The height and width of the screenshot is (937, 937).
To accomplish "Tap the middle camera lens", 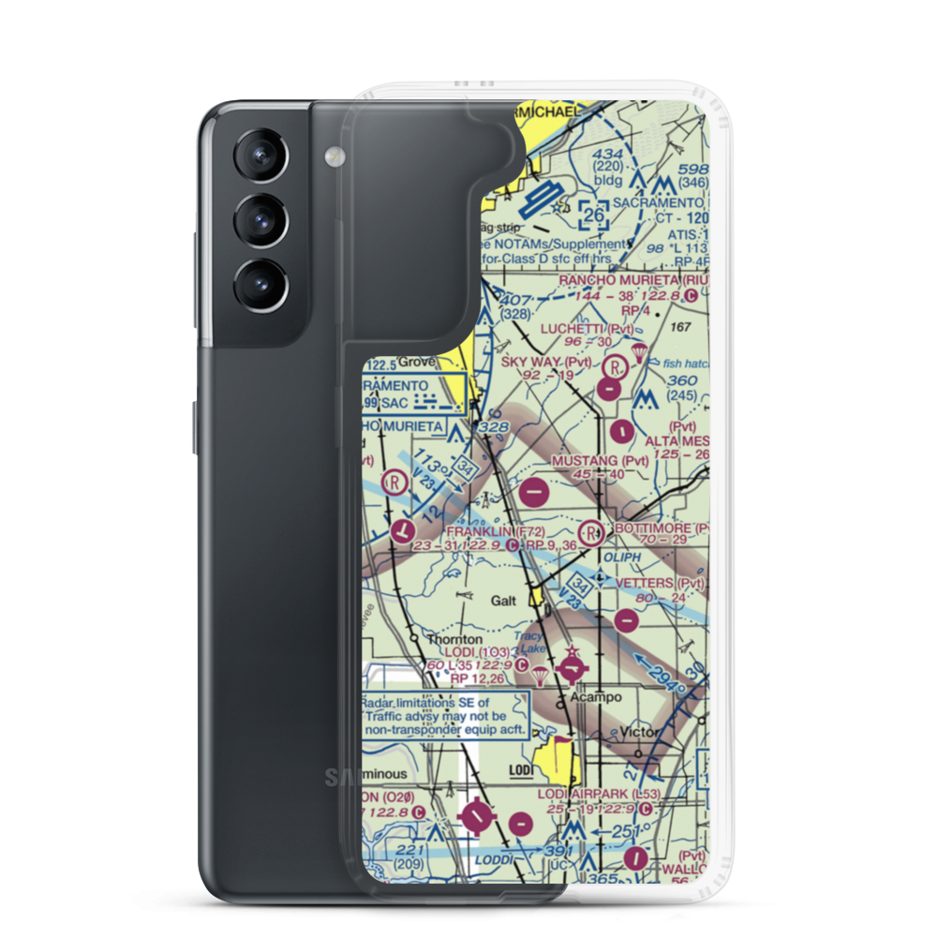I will (260, 219).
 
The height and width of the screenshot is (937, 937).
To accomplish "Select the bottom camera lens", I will (260, 282).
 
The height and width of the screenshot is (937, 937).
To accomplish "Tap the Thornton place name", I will (454, 639).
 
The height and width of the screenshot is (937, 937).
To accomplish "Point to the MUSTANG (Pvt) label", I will (600, 460).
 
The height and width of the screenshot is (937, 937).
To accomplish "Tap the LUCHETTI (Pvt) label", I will (587, 329).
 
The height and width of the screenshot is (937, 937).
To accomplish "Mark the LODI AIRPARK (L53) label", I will (599, 795).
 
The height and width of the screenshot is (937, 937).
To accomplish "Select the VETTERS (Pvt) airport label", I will (660, 583).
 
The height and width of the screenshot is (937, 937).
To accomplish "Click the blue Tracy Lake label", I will (532, 642).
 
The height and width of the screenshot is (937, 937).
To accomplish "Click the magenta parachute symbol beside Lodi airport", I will (541, 677).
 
